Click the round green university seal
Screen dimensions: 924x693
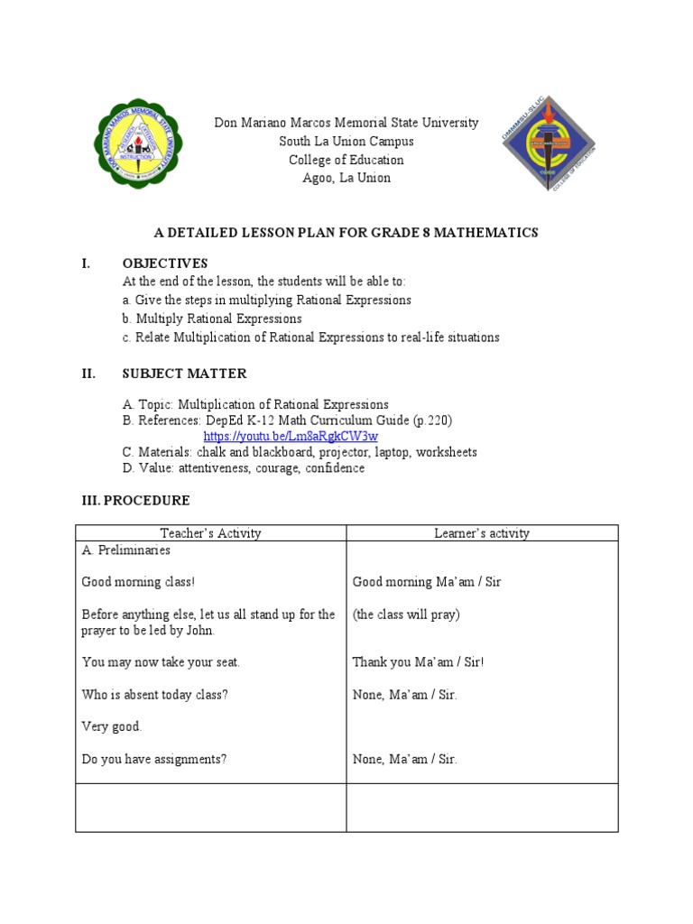point(137,143)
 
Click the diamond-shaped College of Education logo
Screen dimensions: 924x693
point(549,144)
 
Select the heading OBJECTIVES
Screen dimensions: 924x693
point(165,263)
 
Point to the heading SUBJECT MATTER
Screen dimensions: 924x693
point(184,374)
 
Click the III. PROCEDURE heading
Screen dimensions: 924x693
point(133,501)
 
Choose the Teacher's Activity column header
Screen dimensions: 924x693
point(210,533)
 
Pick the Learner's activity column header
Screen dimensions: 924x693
point(482,533)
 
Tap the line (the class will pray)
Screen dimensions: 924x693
point(406,614)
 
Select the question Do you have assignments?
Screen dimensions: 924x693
point(154,759)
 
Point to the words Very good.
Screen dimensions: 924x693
point(112,726)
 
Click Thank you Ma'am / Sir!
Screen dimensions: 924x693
point(418,662)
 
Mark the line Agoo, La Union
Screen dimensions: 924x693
point(346,178)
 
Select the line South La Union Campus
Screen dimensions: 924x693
point(346,142)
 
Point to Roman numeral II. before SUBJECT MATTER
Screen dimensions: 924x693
point(88,374)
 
